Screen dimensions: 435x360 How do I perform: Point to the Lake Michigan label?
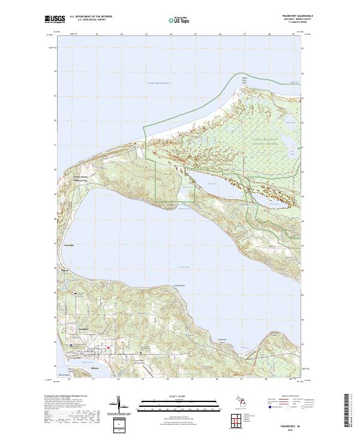pyautogui.click(x=143, y=90)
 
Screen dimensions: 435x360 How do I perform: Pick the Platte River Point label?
pyautogui.click(x=244, y=79)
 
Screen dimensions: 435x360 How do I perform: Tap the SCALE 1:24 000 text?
pyautogui.click(x=179, y=397)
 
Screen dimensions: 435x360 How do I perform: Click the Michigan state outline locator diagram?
pyautogui.click(x=246, y=400)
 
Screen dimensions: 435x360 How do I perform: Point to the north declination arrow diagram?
pyautogui.click(x=119, y=403)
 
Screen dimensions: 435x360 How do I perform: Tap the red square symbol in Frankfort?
pyautogui.click(x=108, y=348)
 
